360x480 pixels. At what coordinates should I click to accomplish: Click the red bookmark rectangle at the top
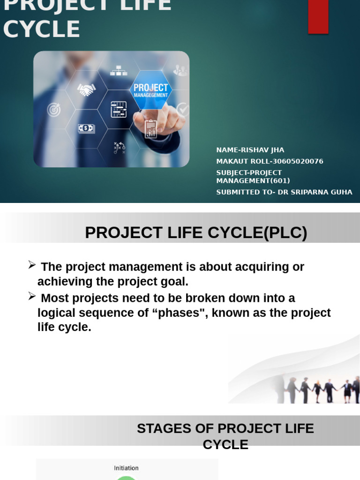(x=318, y=16)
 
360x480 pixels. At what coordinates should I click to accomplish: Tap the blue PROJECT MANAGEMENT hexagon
(x=150, y=90)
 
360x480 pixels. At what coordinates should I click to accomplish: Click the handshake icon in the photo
(x=86, y=90)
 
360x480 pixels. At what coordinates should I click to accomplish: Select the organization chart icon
(x=119, y=71)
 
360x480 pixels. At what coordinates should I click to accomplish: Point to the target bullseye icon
(x=54, y=110)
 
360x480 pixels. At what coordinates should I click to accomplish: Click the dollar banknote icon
(x=86, y=128)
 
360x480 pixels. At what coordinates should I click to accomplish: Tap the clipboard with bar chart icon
(x=150, y=129)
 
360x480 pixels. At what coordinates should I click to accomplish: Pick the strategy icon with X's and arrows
(x=119, y=148)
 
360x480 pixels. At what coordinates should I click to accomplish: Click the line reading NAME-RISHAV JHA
(x=250, y=150)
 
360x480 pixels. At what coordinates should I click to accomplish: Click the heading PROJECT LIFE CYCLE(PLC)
(x=196, y=232)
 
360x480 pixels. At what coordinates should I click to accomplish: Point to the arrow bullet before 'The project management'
(x=32, y=265)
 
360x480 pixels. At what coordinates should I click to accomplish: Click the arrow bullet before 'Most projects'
(x=32, y=296)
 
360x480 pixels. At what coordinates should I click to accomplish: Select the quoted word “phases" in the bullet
(x=180, y=313)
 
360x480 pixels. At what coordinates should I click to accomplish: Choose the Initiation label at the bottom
(x=126, y=468)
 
